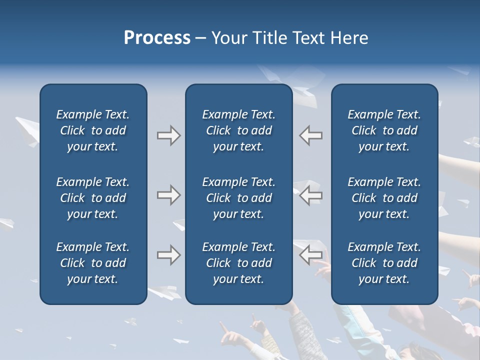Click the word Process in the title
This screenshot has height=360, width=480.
[x=157, y=38]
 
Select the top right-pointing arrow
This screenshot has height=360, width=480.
[x=168, y=135]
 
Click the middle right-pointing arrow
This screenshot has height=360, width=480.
[x=168, y=195]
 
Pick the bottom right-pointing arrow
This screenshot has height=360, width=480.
[x=168, y=255]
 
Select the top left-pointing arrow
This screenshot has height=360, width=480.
[x=311, y=135]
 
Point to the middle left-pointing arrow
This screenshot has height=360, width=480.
[x=311, y=195]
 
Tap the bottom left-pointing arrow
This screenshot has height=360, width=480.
[x=311, y=255]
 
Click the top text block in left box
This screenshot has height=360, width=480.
[x=93, y=130]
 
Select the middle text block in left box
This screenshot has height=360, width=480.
[x=93, y=198]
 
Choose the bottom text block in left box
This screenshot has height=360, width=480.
[x=93, y=263]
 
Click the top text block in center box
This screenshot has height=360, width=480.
[x=238, y=130]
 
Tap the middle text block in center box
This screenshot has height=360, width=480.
[x=238, y=198]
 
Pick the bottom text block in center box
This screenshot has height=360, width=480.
[x=238, y=263]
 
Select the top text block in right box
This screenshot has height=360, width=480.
[x=384, y=130]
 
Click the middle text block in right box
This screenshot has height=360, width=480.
[x=384, y=198]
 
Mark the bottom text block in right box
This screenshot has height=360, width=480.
[x=384, y=263]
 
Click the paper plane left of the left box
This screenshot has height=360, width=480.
[x=26, y=128]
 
